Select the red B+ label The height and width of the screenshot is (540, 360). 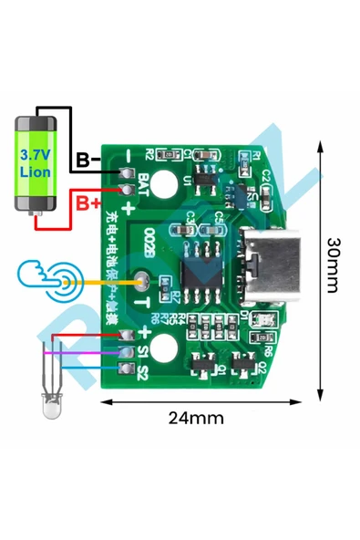(88, 202)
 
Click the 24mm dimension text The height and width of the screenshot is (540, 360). (195, 418)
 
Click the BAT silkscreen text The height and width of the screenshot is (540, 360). (142, 185)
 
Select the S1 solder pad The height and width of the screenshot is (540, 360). (127, 351)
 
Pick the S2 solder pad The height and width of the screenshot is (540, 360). (127, 369)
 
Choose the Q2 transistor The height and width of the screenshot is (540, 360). (243, 364)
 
